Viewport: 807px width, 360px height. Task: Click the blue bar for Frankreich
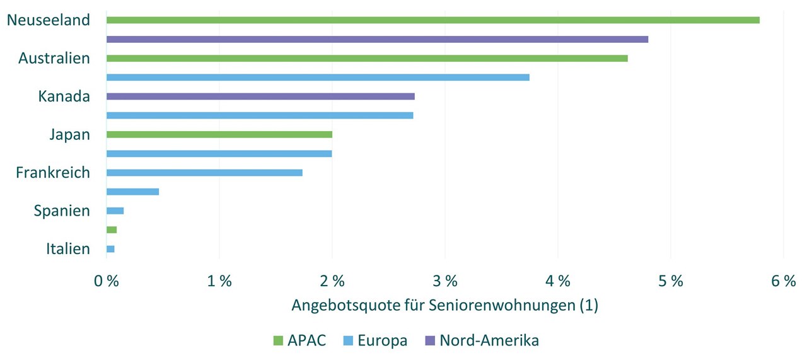pyautogui.click(x=204, y=173)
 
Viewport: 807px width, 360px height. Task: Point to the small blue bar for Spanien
pyautogui.click(x=115, y=211)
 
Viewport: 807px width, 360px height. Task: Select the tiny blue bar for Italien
pyautogui.click(x=110, y=249)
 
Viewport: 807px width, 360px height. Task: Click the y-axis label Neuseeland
pyautogui.click(x=49, y=20)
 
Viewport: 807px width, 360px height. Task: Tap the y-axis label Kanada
pyautogui.click(x=64, y=96)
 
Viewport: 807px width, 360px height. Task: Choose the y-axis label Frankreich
pyautogui.click(x=53, y=173)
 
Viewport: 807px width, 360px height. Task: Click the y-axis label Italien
pyautogui.click(x=68, y=249)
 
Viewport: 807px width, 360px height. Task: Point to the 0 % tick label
pyautogui.click(x=107, y=282)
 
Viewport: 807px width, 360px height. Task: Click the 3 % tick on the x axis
pyautogui.click(x=445, y=282)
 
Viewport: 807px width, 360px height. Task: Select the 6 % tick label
pyautogui.click(x=784, y=282)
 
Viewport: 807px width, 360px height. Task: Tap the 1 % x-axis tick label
pyautogui.click(x=219, y=282)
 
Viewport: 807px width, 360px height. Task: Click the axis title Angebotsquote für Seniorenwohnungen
pyautogui.click(x=444, y=306)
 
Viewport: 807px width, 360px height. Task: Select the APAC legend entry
pyautogui.click(x=299, y=341)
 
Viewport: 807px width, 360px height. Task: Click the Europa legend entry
pyautogui.click(x=376, y=341)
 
